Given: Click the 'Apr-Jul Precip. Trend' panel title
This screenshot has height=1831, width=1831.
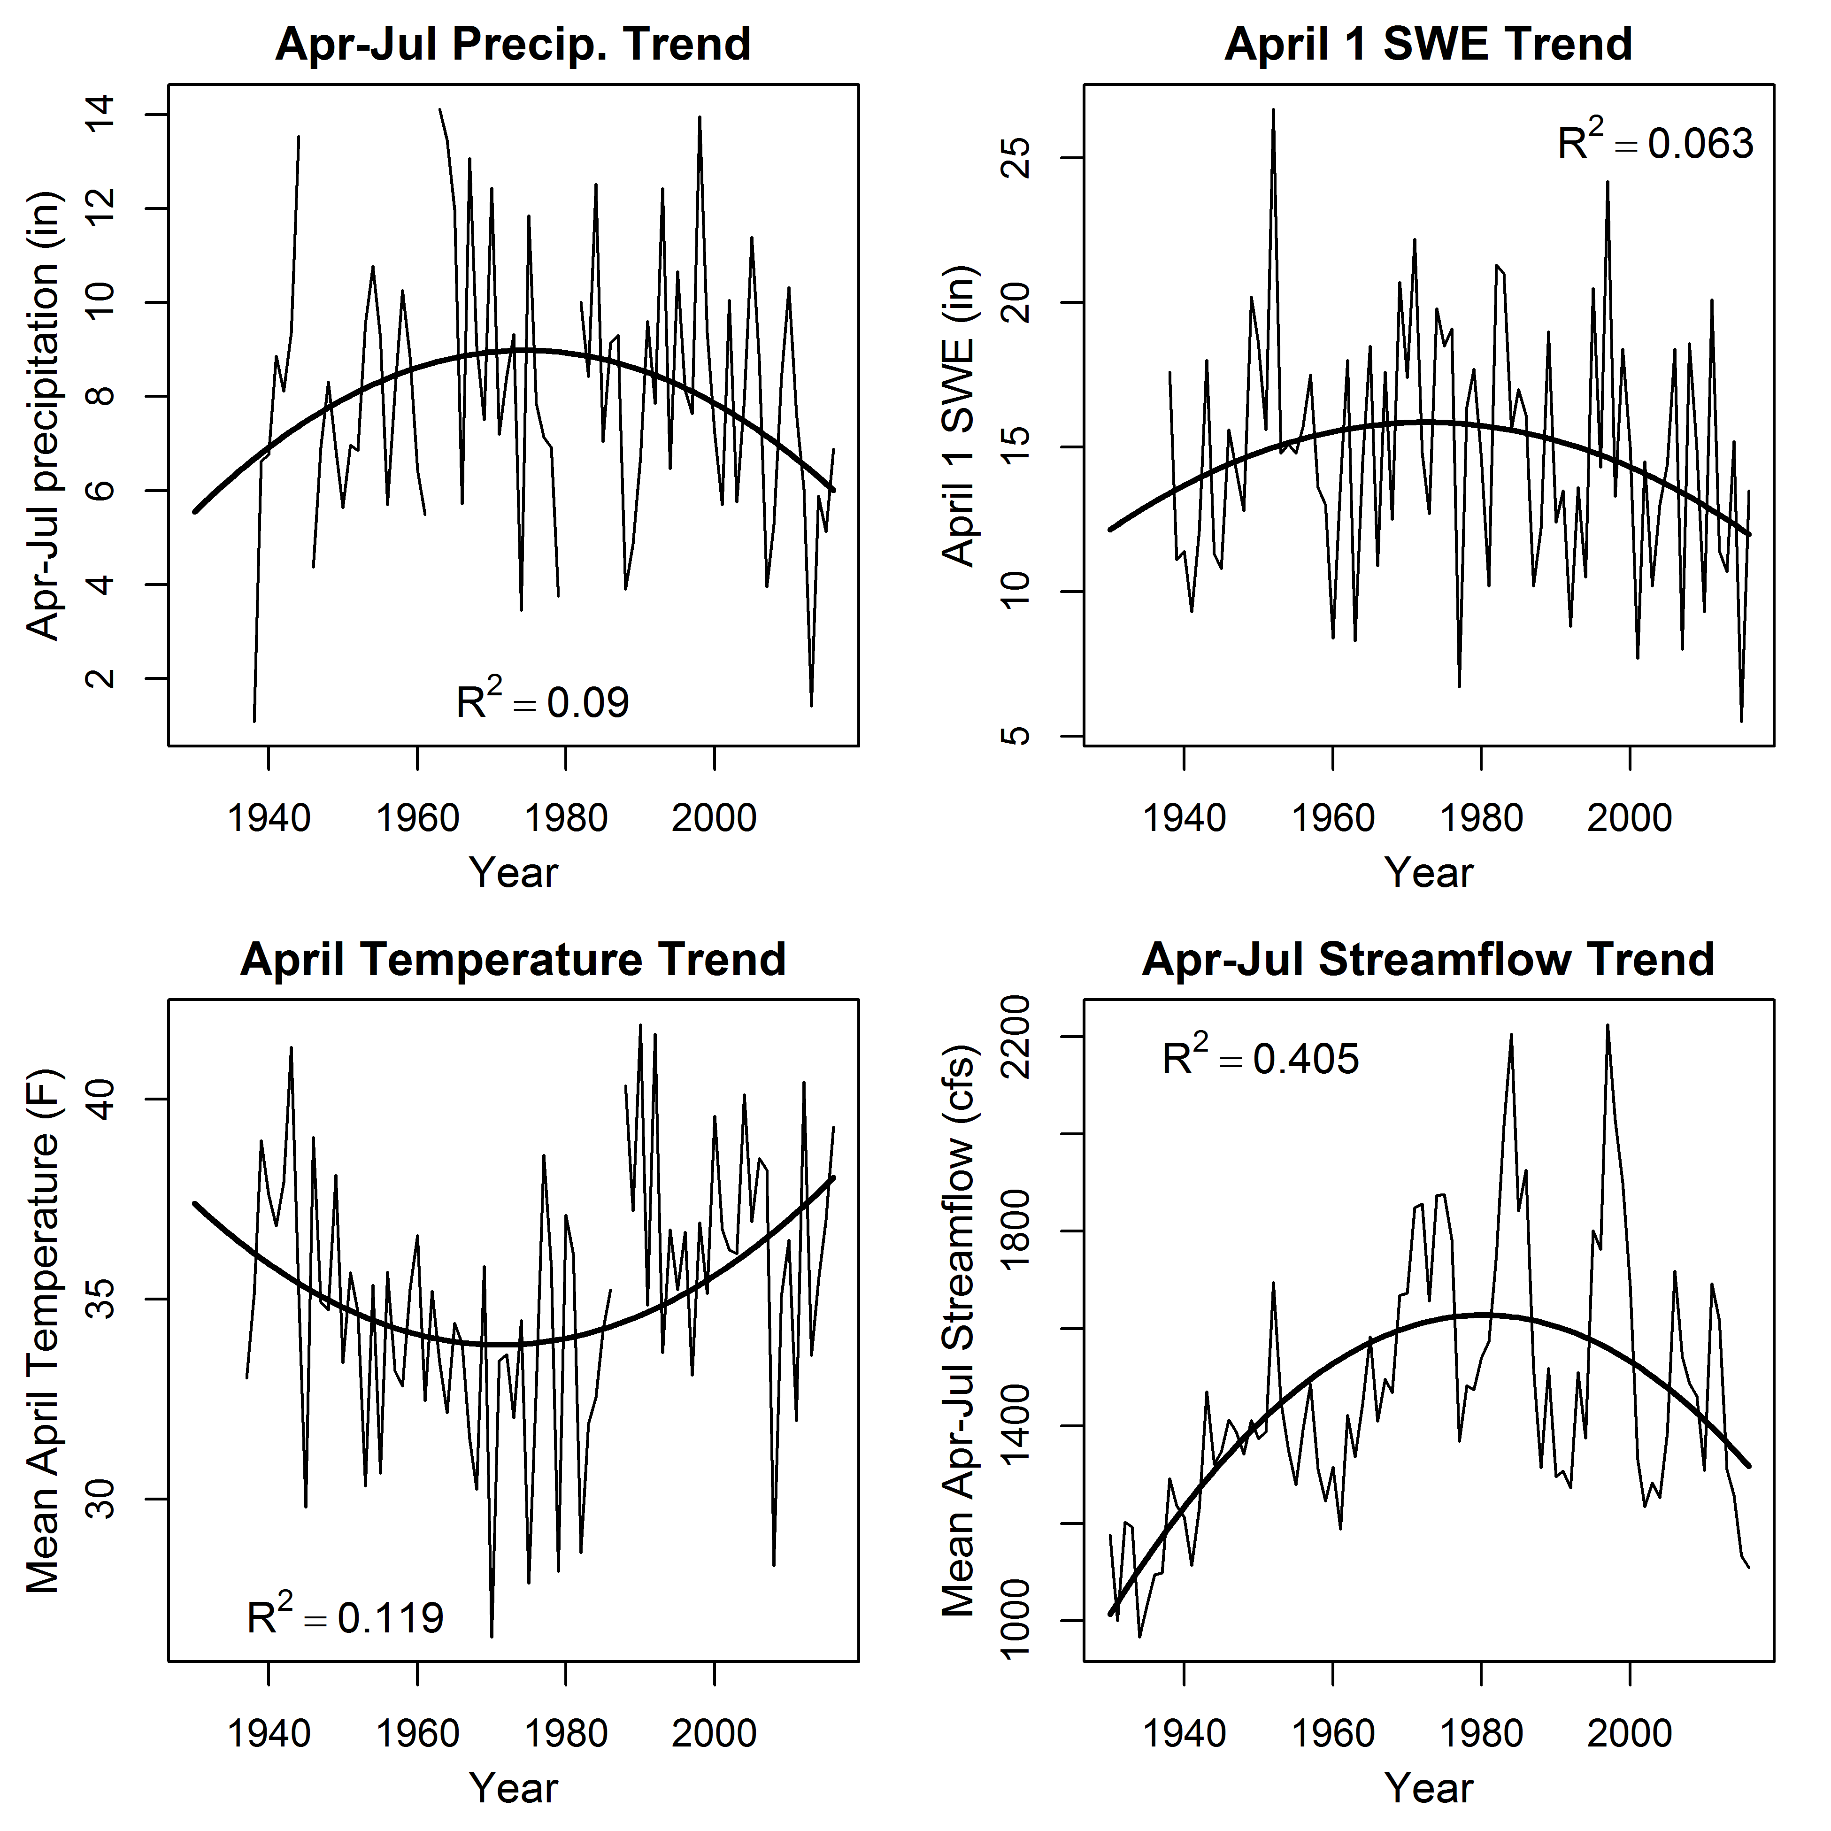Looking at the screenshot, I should click(x=513, y=45).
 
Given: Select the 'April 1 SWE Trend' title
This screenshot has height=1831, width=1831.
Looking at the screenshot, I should click(x=1428, y=45).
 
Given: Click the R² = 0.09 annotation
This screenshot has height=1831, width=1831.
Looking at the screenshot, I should click(x=542, y=702).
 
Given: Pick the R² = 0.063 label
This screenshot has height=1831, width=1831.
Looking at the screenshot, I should click(x=1655, y=143).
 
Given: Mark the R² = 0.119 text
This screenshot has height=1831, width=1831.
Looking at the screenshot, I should click(x=345, y=1617).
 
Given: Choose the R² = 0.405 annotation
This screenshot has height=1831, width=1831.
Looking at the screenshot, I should click(x=1261, y=1059).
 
